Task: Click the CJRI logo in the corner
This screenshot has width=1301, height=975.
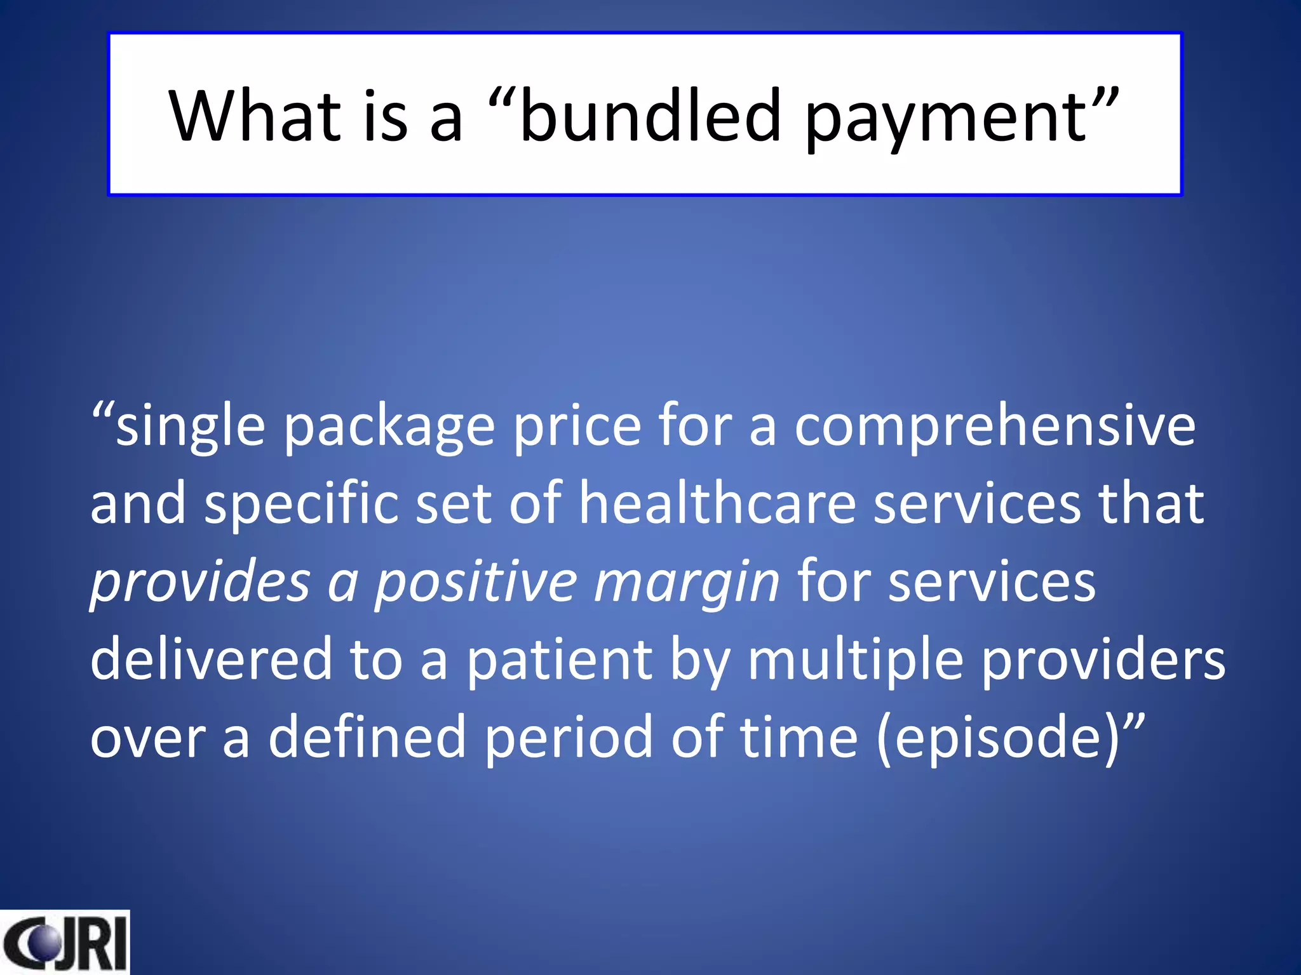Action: (64, 942)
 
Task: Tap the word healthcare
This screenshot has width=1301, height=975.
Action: (718, 503)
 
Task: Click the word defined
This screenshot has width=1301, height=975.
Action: (367, 736)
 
